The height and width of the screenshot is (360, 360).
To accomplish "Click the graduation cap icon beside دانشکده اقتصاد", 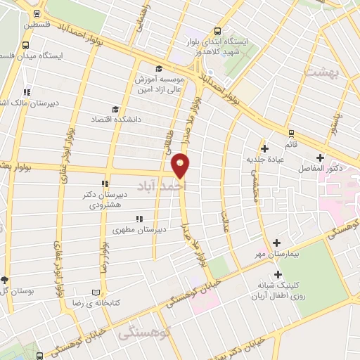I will [x=115, y=109].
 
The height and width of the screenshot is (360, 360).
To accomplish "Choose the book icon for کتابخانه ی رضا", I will [x=97, y=292].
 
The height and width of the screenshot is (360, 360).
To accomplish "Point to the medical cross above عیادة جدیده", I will [x=264, y=148].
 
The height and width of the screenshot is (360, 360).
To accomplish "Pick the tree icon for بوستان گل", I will [x=5, y=280].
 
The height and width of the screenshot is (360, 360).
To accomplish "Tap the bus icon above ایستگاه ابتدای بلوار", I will [x=217, y=32].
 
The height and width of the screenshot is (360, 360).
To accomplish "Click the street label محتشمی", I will [x=256, y=184].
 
